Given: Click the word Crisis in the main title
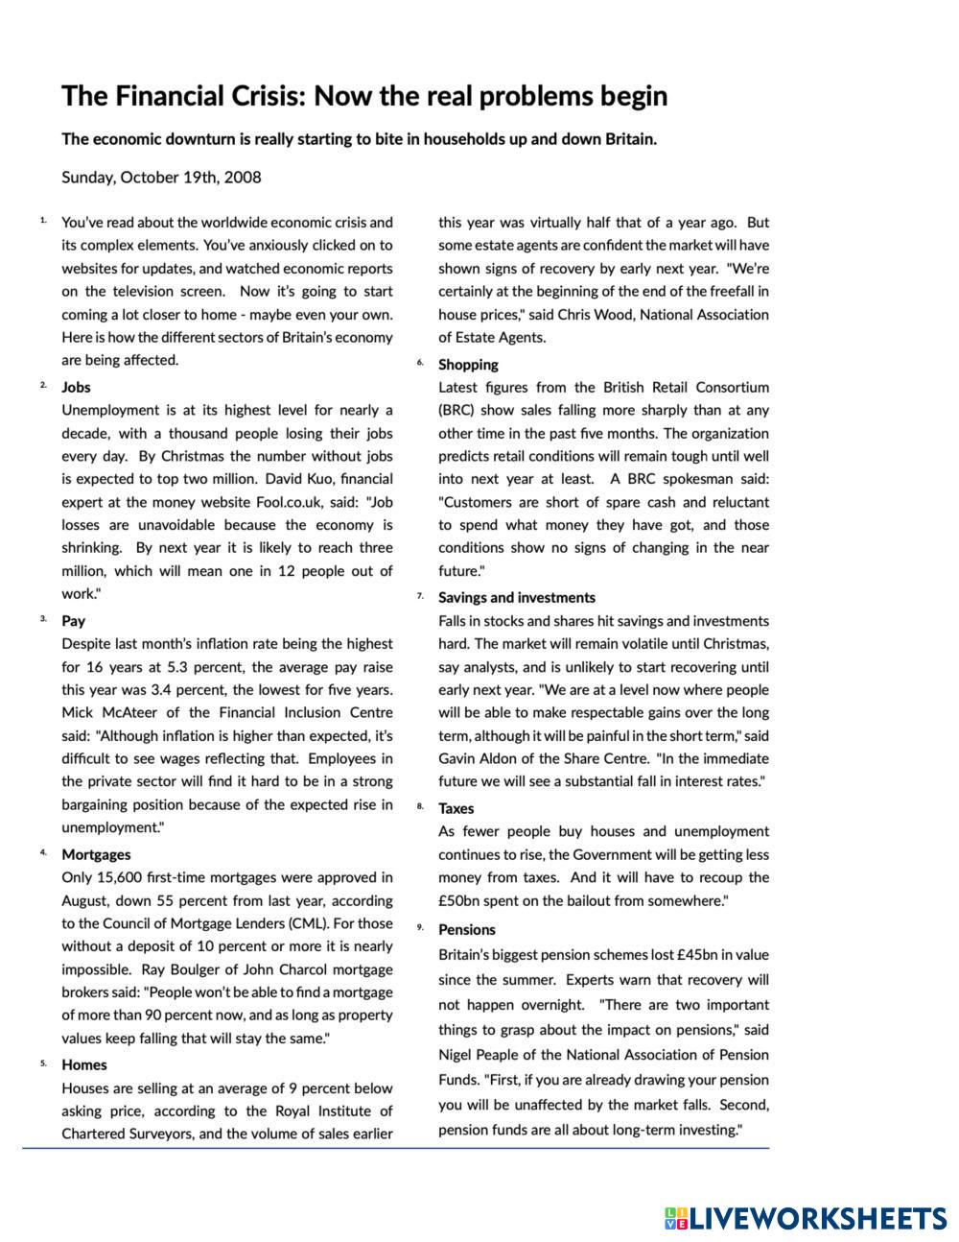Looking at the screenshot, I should tap(261, 97).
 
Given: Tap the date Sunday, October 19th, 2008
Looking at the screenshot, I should tap(161, 178).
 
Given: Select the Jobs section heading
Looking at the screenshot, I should tap(76, 387).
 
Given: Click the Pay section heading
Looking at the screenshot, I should tap(73, 621).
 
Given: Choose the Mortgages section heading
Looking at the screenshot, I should tap(96, 854).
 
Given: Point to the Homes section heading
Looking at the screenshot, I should tap(84, 1064).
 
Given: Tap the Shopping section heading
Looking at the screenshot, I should tap(468, 365).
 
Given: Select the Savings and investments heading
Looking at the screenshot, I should tap(517, 597).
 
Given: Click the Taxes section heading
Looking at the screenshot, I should tap(456, 808).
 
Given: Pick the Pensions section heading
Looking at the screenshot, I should tap(467, 929).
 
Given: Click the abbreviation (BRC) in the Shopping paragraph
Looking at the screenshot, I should tap(456, 411).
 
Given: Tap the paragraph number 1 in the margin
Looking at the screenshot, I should tap(43, 221).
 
